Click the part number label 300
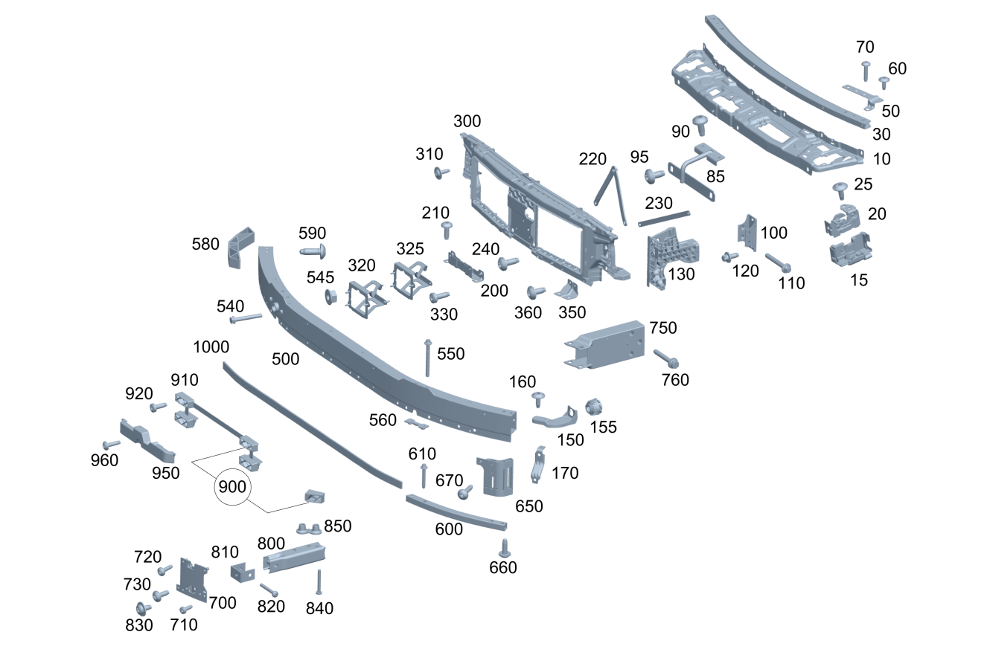(467, 122)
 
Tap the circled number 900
(231, 488)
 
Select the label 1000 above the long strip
(211, 347)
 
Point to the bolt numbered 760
(665, 358)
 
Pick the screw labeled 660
(504, 548)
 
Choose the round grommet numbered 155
(594, 407)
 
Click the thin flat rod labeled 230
(663, 218)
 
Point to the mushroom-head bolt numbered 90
(700, 123)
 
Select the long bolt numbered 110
(776, 262)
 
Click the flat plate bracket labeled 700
(193, 578)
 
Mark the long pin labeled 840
(319, 581)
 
